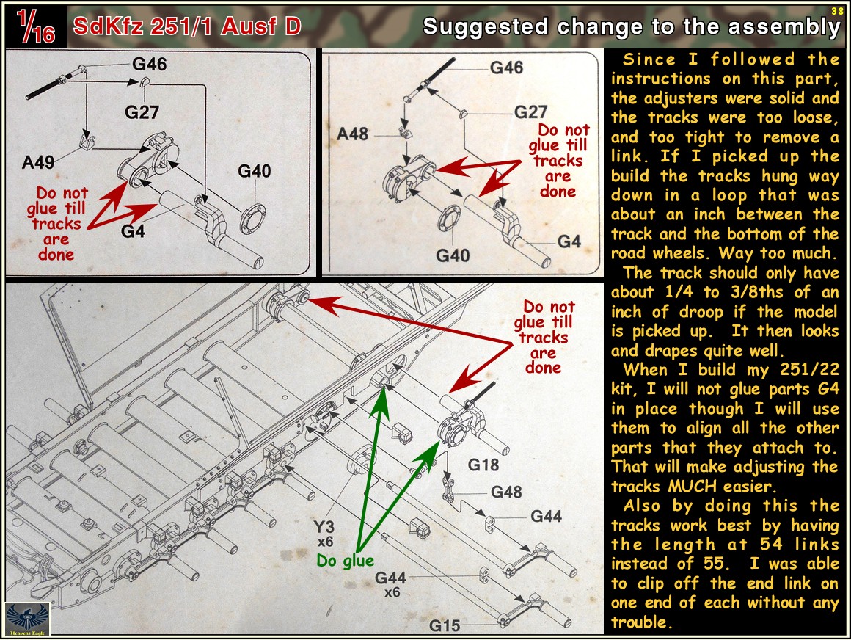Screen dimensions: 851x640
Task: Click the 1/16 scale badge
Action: pos(36,26)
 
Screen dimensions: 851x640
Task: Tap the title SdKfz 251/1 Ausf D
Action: pos(186,26)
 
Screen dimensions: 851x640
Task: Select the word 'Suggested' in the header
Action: pos(486,26)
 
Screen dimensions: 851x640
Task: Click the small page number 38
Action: pos(838,11)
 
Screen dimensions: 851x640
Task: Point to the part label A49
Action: pos(38,162)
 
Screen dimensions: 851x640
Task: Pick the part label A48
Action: pos(352,134)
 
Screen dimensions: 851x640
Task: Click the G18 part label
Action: pos(483,465)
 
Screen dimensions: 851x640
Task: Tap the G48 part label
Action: pos(505,492)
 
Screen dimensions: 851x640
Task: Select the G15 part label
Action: pos(445,626)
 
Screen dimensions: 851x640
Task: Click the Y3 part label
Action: pos(324,526)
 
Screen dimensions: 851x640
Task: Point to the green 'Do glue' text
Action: pos(346,561)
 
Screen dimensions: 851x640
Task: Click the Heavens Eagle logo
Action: pos(27,619)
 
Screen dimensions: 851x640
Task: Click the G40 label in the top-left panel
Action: pos(254,171)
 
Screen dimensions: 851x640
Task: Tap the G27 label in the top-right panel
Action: pos(530,112)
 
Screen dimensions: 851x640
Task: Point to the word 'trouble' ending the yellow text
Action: pos(641,622)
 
